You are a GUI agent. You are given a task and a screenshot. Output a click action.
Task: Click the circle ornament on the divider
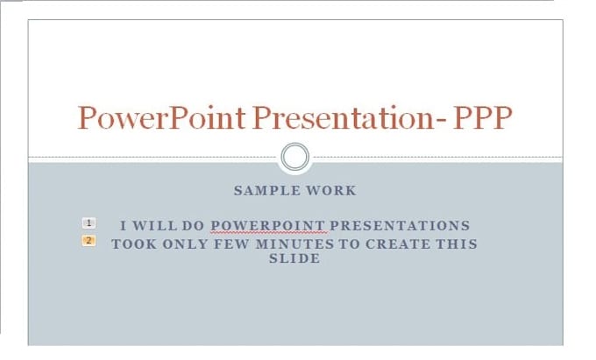point(296,158)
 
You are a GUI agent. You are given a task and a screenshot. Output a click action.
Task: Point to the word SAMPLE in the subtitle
point(265,190)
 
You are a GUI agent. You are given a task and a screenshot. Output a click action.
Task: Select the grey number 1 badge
point(89,224)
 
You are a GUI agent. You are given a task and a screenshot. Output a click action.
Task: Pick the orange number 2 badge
point(89,241)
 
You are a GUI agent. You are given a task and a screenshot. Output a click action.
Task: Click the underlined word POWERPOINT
point(268,225)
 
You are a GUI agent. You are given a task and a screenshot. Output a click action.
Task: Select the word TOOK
point(133,244)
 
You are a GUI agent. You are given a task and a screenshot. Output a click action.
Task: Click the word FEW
point(226,244)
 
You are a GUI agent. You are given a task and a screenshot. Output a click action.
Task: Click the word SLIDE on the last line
point(294,259)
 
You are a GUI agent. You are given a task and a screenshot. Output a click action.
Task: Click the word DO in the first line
point(194,225)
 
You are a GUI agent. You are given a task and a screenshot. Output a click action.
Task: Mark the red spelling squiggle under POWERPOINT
point(268,233)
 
